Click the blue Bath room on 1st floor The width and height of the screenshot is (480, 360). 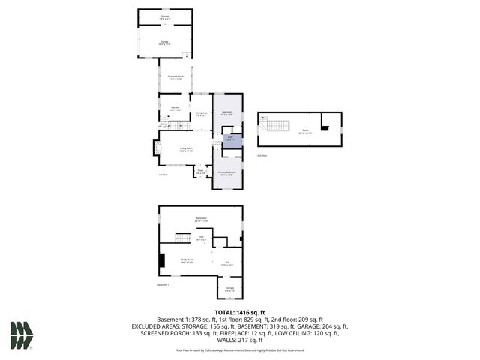(232, 139)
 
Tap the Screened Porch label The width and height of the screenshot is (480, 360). (175, 77)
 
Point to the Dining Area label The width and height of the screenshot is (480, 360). (200, 114)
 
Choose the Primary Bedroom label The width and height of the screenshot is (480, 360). (226, 173)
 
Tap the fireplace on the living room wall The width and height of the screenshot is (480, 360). (157, 149)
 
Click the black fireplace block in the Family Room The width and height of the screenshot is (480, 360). (162, 260)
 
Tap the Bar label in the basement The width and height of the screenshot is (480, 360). (226, 262)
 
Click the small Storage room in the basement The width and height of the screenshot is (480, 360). (230, 287)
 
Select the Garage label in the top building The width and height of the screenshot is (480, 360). (164, 43)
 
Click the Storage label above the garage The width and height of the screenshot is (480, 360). (164, 16)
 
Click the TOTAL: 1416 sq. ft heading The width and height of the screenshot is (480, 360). (240, 311)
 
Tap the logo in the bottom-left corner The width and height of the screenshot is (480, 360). (21, 335)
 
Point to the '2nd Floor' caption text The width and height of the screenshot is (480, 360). (261, 156)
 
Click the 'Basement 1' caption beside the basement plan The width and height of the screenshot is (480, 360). (163, 285)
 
